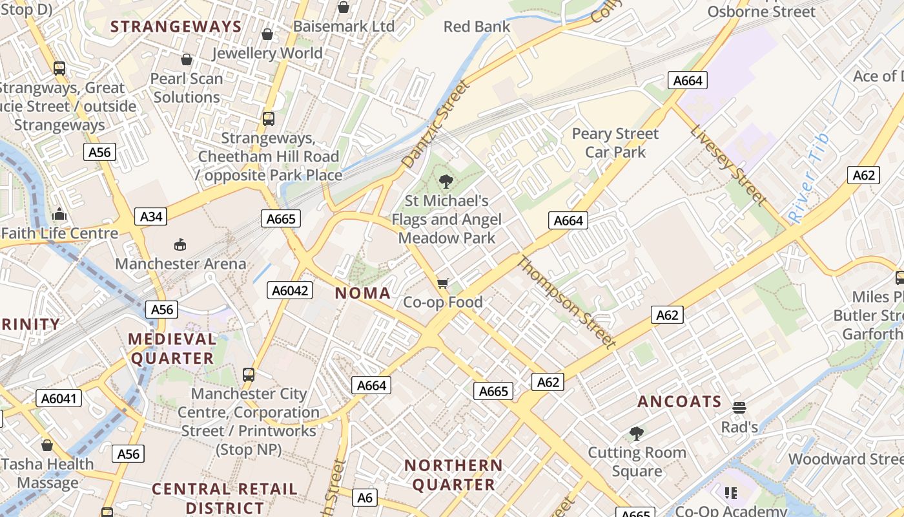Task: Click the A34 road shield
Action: pos(151,216)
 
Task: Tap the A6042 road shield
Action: pos(290,291)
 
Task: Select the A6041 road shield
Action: pos(59,398)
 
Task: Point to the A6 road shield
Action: pos(365,498)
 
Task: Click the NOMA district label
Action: pos(363,293)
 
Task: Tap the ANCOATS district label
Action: pos(679,401)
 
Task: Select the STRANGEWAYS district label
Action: pos(176,27)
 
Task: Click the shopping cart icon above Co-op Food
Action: pos(443,283)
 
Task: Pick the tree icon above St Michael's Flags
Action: pos(446,181)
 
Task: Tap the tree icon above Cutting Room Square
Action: pos(637,433)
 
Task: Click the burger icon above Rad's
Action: pos(739,408)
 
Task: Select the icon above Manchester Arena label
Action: pos(180,244)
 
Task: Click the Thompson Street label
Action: pos(566,302)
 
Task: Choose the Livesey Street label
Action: pos(728,165)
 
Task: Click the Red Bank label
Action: pos(477,27)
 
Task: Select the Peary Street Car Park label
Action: pos(615,143)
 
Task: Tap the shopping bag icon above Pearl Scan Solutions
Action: pos(187,59)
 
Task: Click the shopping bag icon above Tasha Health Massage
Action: pos(47,445)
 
